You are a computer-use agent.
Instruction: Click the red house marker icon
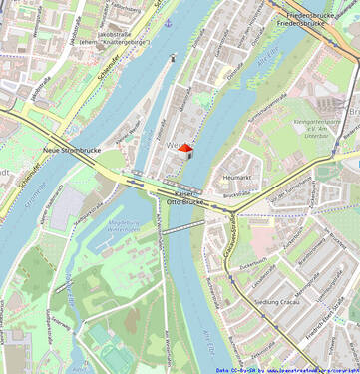click(184, 149)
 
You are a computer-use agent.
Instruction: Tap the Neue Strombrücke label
click(67, 151)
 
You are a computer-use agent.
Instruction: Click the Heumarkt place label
click(237, 177)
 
